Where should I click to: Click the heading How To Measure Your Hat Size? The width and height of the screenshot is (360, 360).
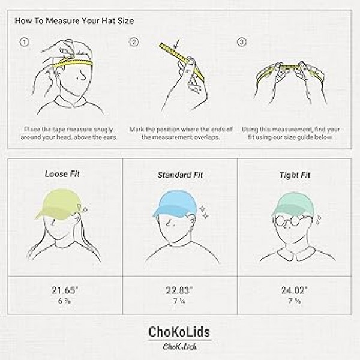pos(74,21)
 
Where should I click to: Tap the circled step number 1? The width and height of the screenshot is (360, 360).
pos(25,42)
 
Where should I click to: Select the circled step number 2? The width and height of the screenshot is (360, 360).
pos(134,42)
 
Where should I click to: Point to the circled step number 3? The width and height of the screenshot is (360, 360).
pos(242,42)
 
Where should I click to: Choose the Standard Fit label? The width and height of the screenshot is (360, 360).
pos(178,175)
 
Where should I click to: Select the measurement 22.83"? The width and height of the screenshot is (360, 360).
pos(178,291)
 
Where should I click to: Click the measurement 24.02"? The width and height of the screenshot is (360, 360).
pos(293,291)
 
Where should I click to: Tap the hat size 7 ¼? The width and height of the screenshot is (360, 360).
pos(178,302)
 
